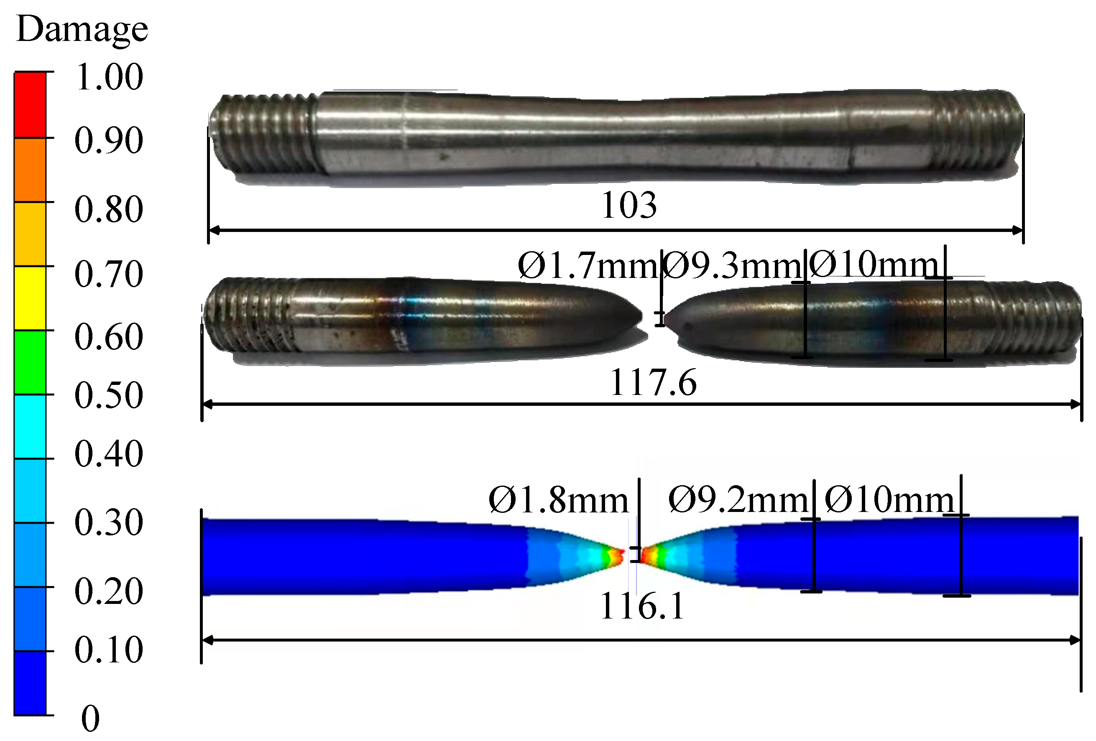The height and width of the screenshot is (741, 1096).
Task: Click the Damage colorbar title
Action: [x=82, y=29]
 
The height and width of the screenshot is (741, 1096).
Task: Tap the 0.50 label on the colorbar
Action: [x=109, y=395]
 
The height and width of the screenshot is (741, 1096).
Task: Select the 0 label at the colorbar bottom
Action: [x=91, y=718]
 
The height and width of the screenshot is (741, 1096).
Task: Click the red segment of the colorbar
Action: [x=30, y=104]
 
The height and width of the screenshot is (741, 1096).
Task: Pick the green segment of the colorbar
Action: [x=30, y=362]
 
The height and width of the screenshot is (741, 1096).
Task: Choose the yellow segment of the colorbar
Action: [x=30, y=298]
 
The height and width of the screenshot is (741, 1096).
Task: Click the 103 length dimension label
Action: [x=628, y=205]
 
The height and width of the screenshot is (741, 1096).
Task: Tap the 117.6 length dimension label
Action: [x=653, y=382]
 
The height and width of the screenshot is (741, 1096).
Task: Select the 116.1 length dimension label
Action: [x=642, y=606]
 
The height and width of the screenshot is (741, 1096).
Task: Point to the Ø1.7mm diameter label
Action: [x=588, y=266]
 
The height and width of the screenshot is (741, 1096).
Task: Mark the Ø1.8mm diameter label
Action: [x=558, y=500]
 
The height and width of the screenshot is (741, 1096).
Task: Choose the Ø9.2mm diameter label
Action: [x=738, y=500]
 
